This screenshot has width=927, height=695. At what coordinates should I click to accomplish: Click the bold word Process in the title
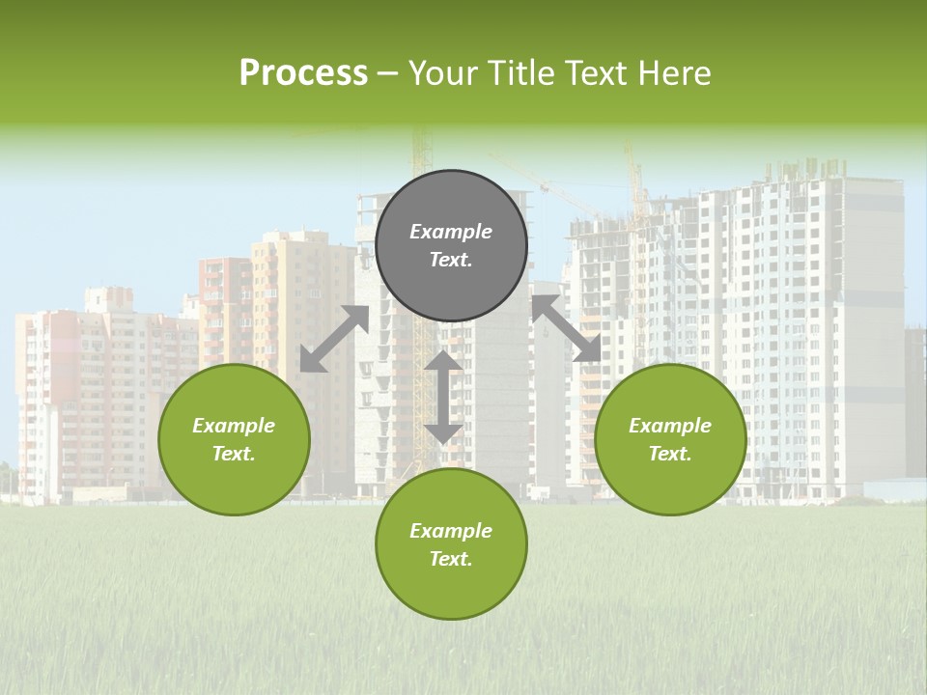303,73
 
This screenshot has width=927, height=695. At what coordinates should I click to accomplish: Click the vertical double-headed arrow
443,397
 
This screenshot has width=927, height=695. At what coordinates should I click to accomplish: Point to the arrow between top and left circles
334,339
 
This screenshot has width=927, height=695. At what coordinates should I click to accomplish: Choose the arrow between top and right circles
566,328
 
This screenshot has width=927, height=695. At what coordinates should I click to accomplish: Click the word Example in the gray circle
451,232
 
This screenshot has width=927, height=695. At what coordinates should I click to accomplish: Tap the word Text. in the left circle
234,454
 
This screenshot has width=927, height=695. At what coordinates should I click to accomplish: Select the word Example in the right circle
670,426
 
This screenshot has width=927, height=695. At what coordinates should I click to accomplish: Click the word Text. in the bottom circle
451,559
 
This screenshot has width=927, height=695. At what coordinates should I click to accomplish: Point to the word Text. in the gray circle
451,260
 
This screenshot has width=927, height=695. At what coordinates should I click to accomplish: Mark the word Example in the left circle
234,426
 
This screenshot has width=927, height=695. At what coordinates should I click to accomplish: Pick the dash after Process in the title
388,73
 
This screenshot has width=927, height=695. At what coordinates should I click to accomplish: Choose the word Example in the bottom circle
451,531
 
